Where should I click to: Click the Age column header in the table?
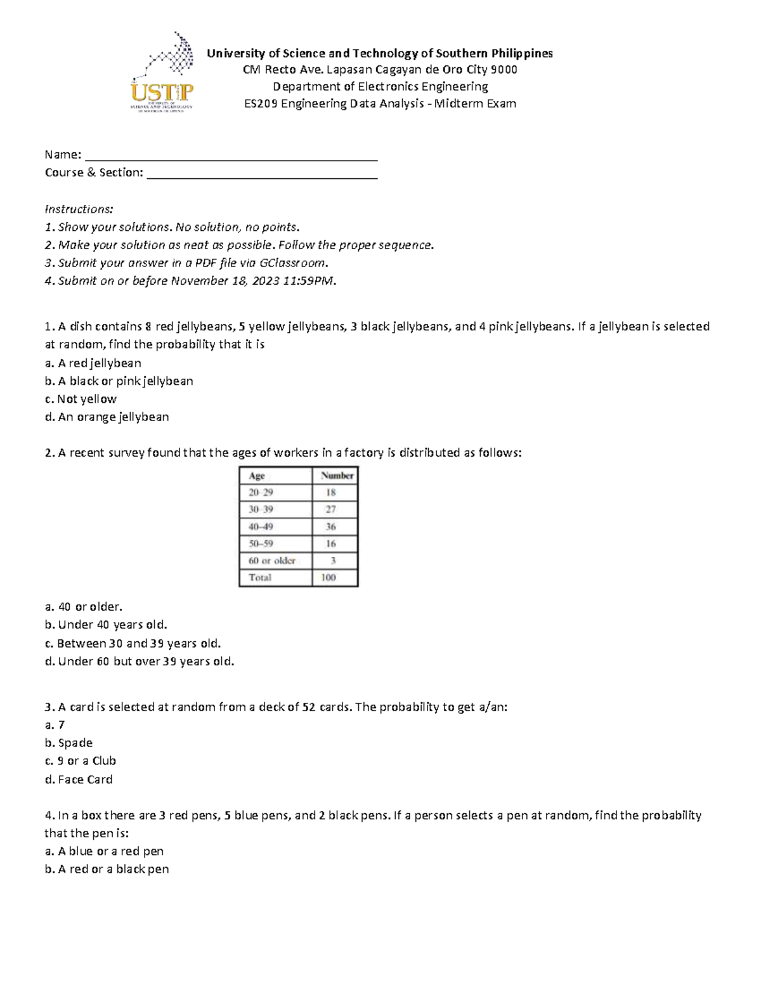(257, 476)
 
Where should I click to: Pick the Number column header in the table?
(337, 476)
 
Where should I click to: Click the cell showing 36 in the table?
(331, 526)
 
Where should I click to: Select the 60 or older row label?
(272, 561)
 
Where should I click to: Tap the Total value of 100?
(328, 578)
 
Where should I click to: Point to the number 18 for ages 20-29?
(331, 493)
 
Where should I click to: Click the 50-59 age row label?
(261, 544)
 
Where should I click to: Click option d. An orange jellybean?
(107, 417)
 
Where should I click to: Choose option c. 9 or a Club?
(81, 761)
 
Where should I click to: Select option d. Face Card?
(79, 780)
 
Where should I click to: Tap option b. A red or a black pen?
(107, 870)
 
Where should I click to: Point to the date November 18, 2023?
(224, 281)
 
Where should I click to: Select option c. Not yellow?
(81, 400)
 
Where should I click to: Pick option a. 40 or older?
(83, 607)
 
